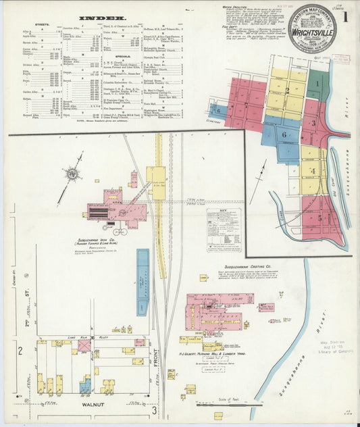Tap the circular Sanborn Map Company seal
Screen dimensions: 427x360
(x=312, y=29)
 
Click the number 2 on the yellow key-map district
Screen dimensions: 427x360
(x=286, y=91)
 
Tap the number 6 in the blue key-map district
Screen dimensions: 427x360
(x=284, y=134)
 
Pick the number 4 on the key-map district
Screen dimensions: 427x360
(x=313, y=170)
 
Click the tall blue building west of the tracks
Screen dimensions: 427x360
(x=143, y=273)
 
